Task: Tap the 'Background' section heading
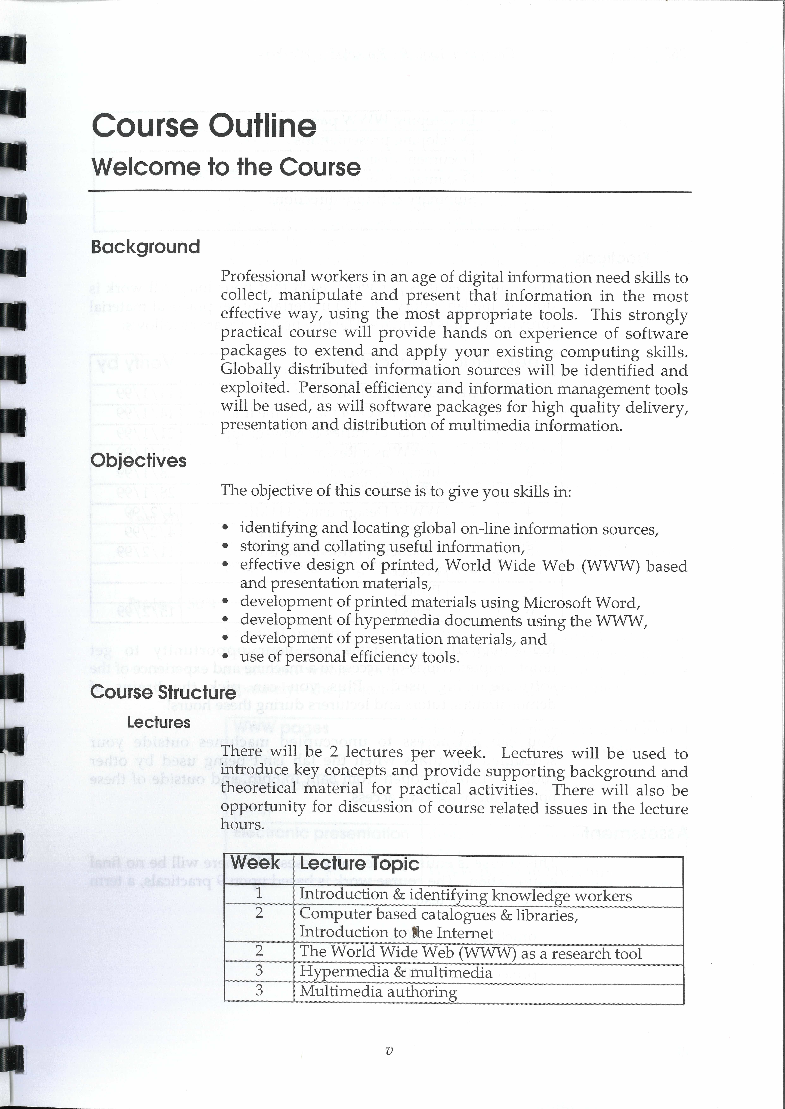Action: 145,247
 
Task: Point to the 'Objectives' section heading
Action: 138,460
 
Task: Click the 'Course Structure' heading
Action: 163,692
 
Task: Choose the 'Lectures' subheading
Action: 159,722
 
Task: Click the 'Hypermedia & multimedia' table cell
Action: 395,972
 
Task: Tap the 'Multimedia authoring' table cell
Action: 378,991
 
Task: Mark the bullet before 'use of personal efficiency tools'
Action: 225,657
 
